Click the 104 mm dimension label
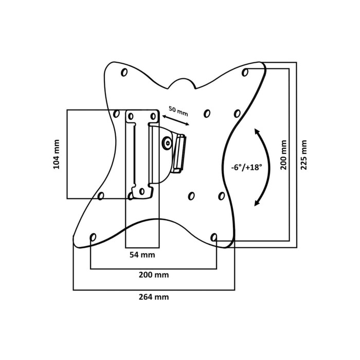point(56,154)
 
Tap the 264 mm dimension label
point(154,297)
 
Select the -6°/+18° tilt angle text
point(246,167)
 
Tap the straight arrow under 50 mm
point(175,121)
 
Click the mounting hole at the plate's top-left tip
point(124,73)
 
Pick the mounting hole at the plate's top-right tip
point(245,73)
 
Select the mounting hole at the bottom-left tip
point(93,237)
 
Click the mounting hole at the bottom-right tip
point(214,237)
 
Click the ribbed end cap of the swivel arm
point(179,153)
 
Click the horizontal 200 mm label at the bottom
point(154,275)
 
